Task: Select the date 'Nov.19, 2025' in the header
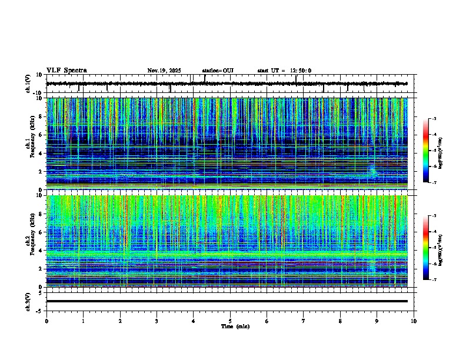click(164, 71)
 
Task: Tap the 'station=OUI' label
click(218, 71)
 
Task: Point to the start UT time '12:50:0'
click(300, 71)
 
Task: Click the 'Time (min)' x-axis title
click(235, 326)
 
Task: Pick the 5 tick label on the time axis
click(230, 321)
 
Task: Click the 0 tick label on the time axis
click(46, 321)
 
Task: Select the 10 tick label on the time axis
click(414, 321)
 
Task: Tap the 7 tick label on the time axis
click(304, 321)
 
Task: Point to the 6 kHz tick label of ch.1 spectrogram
click(41, 135)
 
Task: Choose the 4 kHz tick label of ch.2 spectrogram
click(41, 250)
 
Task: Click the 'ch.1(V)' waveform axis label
click(28, 84)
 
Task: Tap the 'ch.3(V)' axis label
click(28, 301)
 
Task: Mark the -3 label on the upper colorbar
click(434, 119)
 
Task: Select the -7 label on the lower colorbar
click(434, 280)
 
